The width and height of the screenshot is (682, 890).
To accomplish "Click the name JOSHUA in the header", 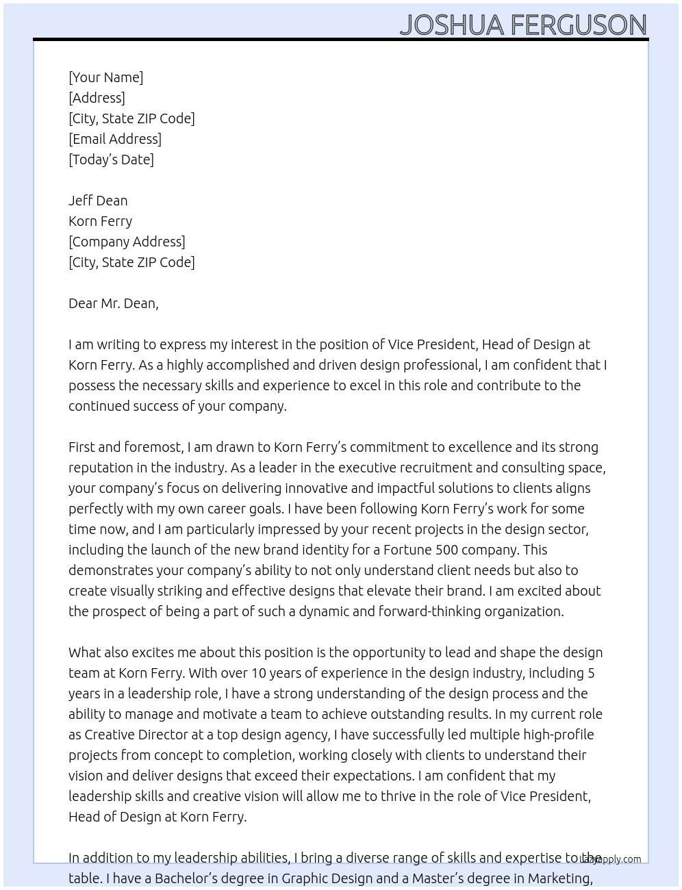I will (x=453, y=25).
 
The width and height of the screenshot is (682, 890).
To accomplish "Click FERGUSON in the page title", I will (x=579, y=25).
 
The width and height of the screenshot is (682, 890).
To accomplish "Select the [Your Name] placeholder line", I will (x=105, y=77).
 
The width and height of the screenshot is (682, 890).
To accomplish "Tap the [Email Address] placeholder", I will (x=115, y=139).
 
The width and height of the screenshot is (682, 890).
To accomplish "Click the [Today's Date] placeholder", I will (x=111, y=160).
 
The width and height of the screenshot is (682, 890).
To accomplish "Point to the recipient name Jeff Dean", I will (x=98, y=201).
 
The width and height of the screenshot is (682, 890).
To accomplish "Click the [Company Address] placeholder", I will (x=127, y=242).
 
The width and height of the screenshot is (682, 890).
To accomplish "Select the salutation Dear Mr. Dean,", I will (x=113, y=303).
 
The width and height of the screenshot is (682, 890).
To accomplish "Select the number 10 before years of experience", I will (x=258, y=673).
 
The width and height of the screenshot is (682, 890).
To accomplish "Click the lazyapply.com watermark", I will (x=611, y=859).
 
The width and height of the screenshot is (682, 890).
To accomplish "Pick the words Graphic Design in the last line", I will (x=327, y=878).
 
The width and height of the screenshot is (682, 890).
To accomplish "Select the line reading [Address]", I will (x=97, y=98).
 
